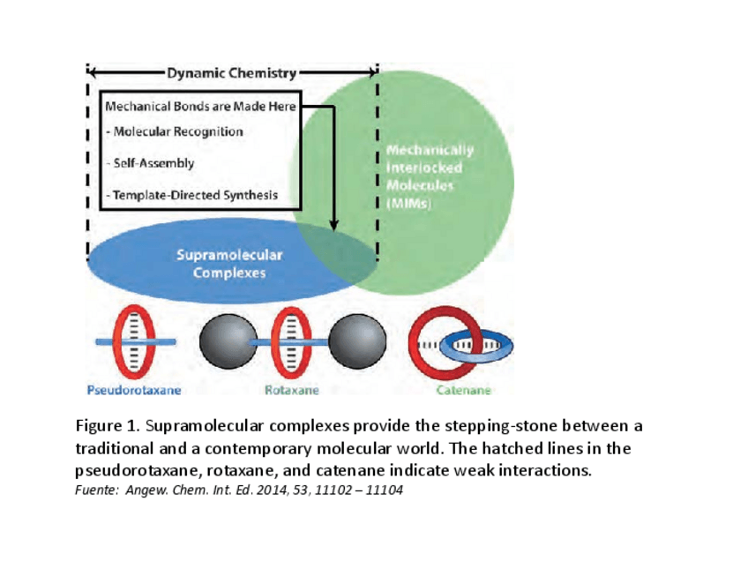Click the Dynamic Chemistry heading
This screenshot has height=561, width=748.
(x=231, y=73)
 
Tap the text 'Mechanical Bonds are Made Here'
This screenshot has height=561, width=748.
(x=199, y=107)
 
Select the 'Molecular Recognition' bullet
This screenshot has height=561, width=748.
(x=174, y=131)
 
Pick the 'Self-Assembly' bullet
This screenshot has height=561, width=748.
(x=150, y=163)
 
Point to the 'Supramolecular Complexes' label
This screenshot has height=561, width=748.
(x=229, y=264)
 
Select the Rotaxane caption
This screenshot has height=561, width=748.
(x=292, y=389)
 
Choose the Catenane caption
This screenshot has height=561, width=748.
(x=463, y=389)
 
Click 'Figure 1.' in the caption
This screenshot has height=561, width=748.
(x=105, y=426)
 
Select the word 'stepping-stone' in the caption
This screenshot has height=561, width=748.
(x=474, y=426)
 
